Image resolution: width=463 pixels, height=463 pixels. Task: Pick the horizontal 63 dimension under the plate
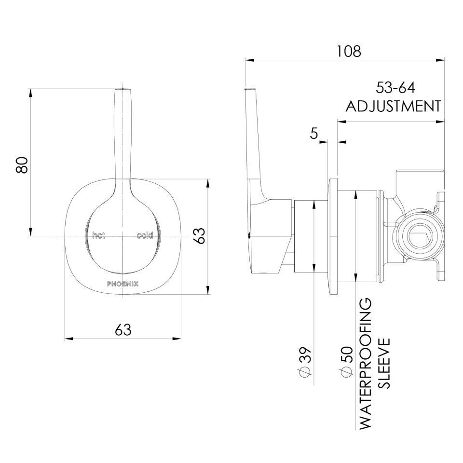[123, 330]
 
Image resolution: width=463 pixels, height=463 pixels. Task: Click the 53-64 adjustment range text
[395, 88]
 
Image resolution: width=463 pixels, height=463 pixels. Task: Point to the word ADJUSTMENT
[394, 106]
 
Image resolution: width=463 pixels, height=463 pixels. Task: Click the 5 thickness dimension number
[314, 134]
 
